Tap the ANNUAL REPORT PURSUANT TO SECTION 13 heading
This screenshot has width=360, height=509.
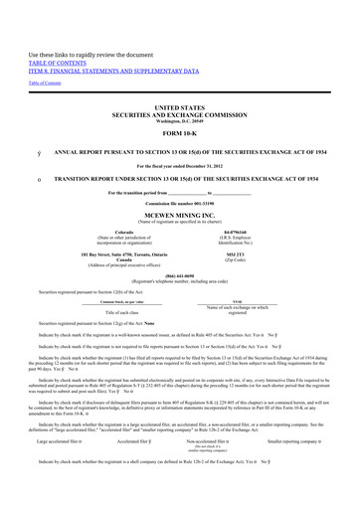tap(190, 152)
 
